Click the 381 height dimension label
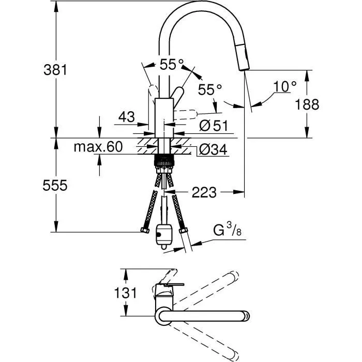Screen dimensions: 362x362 pos(54,69)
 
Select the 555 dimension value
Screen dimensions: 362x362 pos(54,186)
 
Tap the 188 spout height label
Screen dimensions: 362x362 pos(307,104)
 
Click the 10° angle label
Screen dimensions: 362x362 pos(285,86)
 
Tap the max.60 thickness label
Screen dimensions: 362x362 pos(98,147)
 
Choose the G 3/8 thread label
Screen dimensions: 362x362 pos(227,230)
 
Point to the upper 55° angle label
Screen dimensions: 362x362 pos(171,65)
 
